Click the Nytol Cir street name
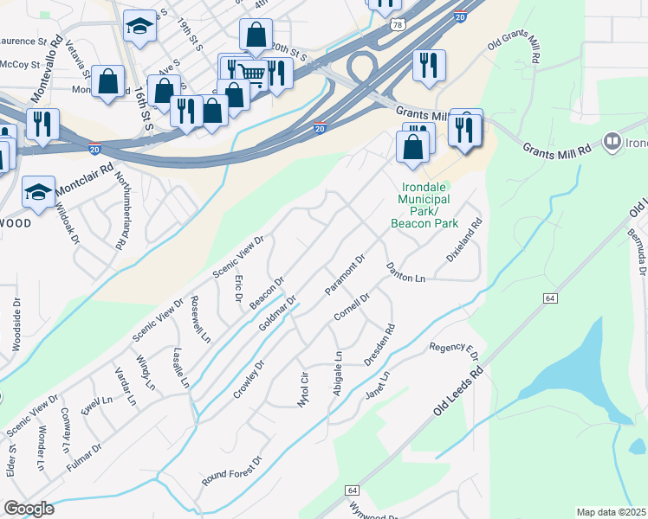(x=303, y=391)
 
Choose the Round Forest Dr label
(x=231, y=472)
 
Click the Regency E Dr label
(x=454, y=350)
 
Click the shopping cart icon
(x=251, y=74)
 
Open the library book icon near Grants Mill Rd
(x=613, y=140)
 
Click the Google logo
(x=29, y=509)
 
